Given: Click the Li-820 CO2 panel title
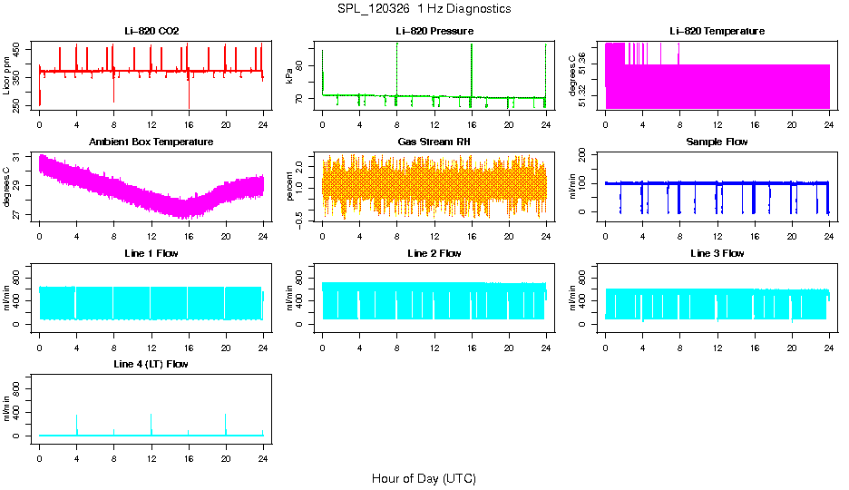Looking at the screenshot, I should (151, 31).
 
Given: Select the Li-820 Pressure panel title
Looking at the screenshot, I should (434, 31).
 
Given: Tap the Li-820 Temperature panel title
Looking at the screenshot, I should (717, 31).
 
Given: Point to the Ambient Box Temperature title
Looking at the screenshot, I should (151, 142).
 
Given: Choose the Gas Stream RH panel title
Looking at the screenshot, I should (434, 142).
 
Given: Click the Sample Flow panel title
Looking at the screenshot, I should (717, 142).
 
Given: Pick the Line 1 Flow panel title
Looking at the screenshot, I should (151, 253).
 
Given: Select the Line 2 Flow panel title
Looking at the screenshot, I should (434, 253).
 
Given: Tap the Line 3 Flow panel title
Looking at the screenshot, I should (717, 253).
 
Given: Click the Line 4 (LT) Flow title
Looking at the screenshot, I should (151, 364).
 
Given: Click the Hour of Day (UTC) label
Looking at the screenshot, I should (424, 478).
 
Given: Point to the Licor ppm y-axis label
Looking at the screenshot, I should (7, 75).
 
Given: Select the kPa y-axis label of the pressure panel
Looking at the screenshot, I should (290, 75).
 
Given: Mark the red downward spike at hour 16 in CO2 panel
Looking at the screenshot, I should (189, 95).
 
